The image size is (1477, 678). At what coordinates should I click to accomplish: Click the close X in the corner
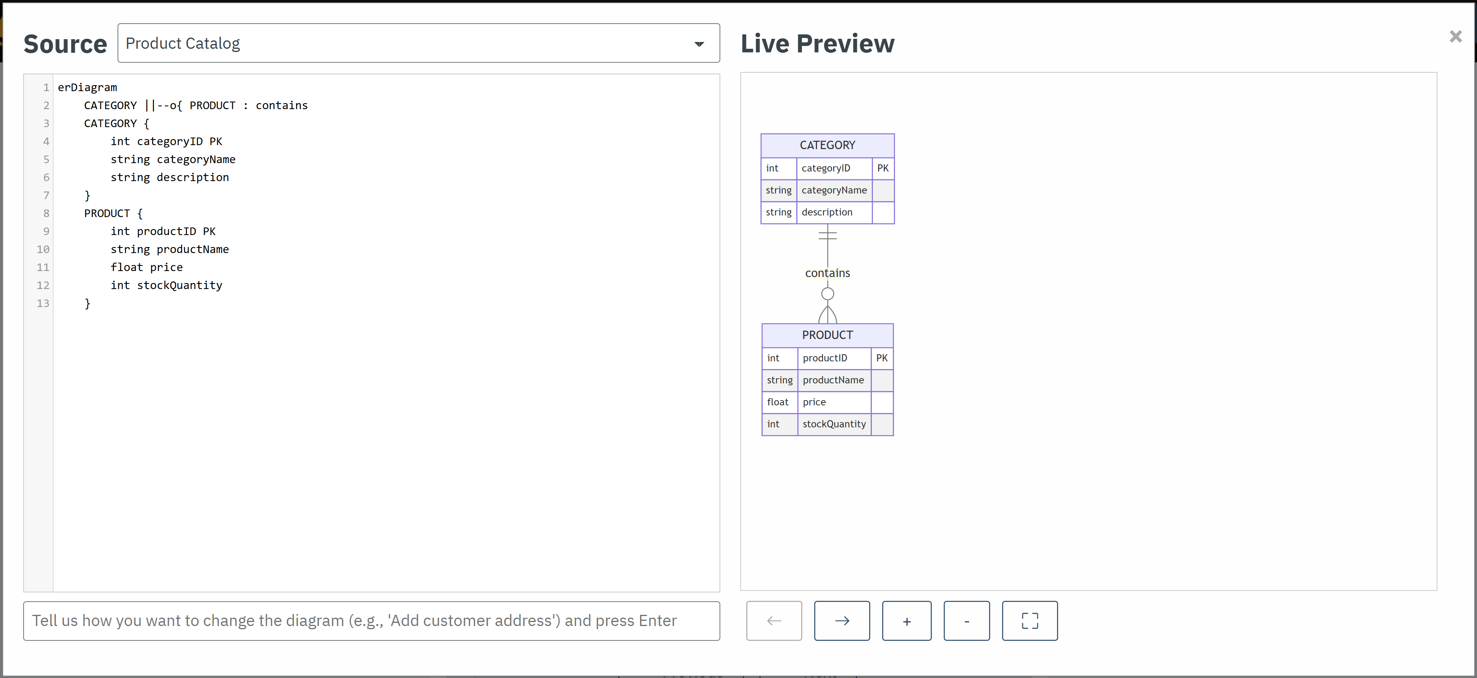1455,37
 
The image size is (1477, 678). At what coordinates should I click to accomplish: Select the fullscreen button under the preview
1029,621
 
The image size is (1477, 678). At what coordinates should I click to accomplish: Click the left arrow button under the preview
773,621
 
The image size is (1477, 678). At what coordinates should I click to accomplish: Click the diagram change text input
371,621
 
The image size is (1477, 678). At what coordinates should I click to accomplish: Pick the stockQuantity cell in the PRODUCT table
834,424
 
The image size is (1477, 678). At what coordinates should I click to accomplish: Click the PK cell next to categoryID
883,168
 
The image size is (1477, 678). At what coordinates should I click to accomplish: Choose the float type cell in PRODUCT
778,402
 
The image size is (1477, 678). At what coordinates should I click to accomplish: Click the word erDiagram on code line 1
87,87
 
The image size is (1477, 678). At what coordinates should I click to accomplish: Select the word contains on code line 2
281,106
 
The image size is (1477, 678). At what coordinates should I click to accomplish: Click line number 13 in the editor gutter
43,303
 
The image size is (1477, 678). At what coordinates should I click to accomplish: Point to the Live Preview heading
817,44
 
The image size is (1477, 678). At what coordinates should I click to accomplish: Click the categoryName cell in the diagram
834,190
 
